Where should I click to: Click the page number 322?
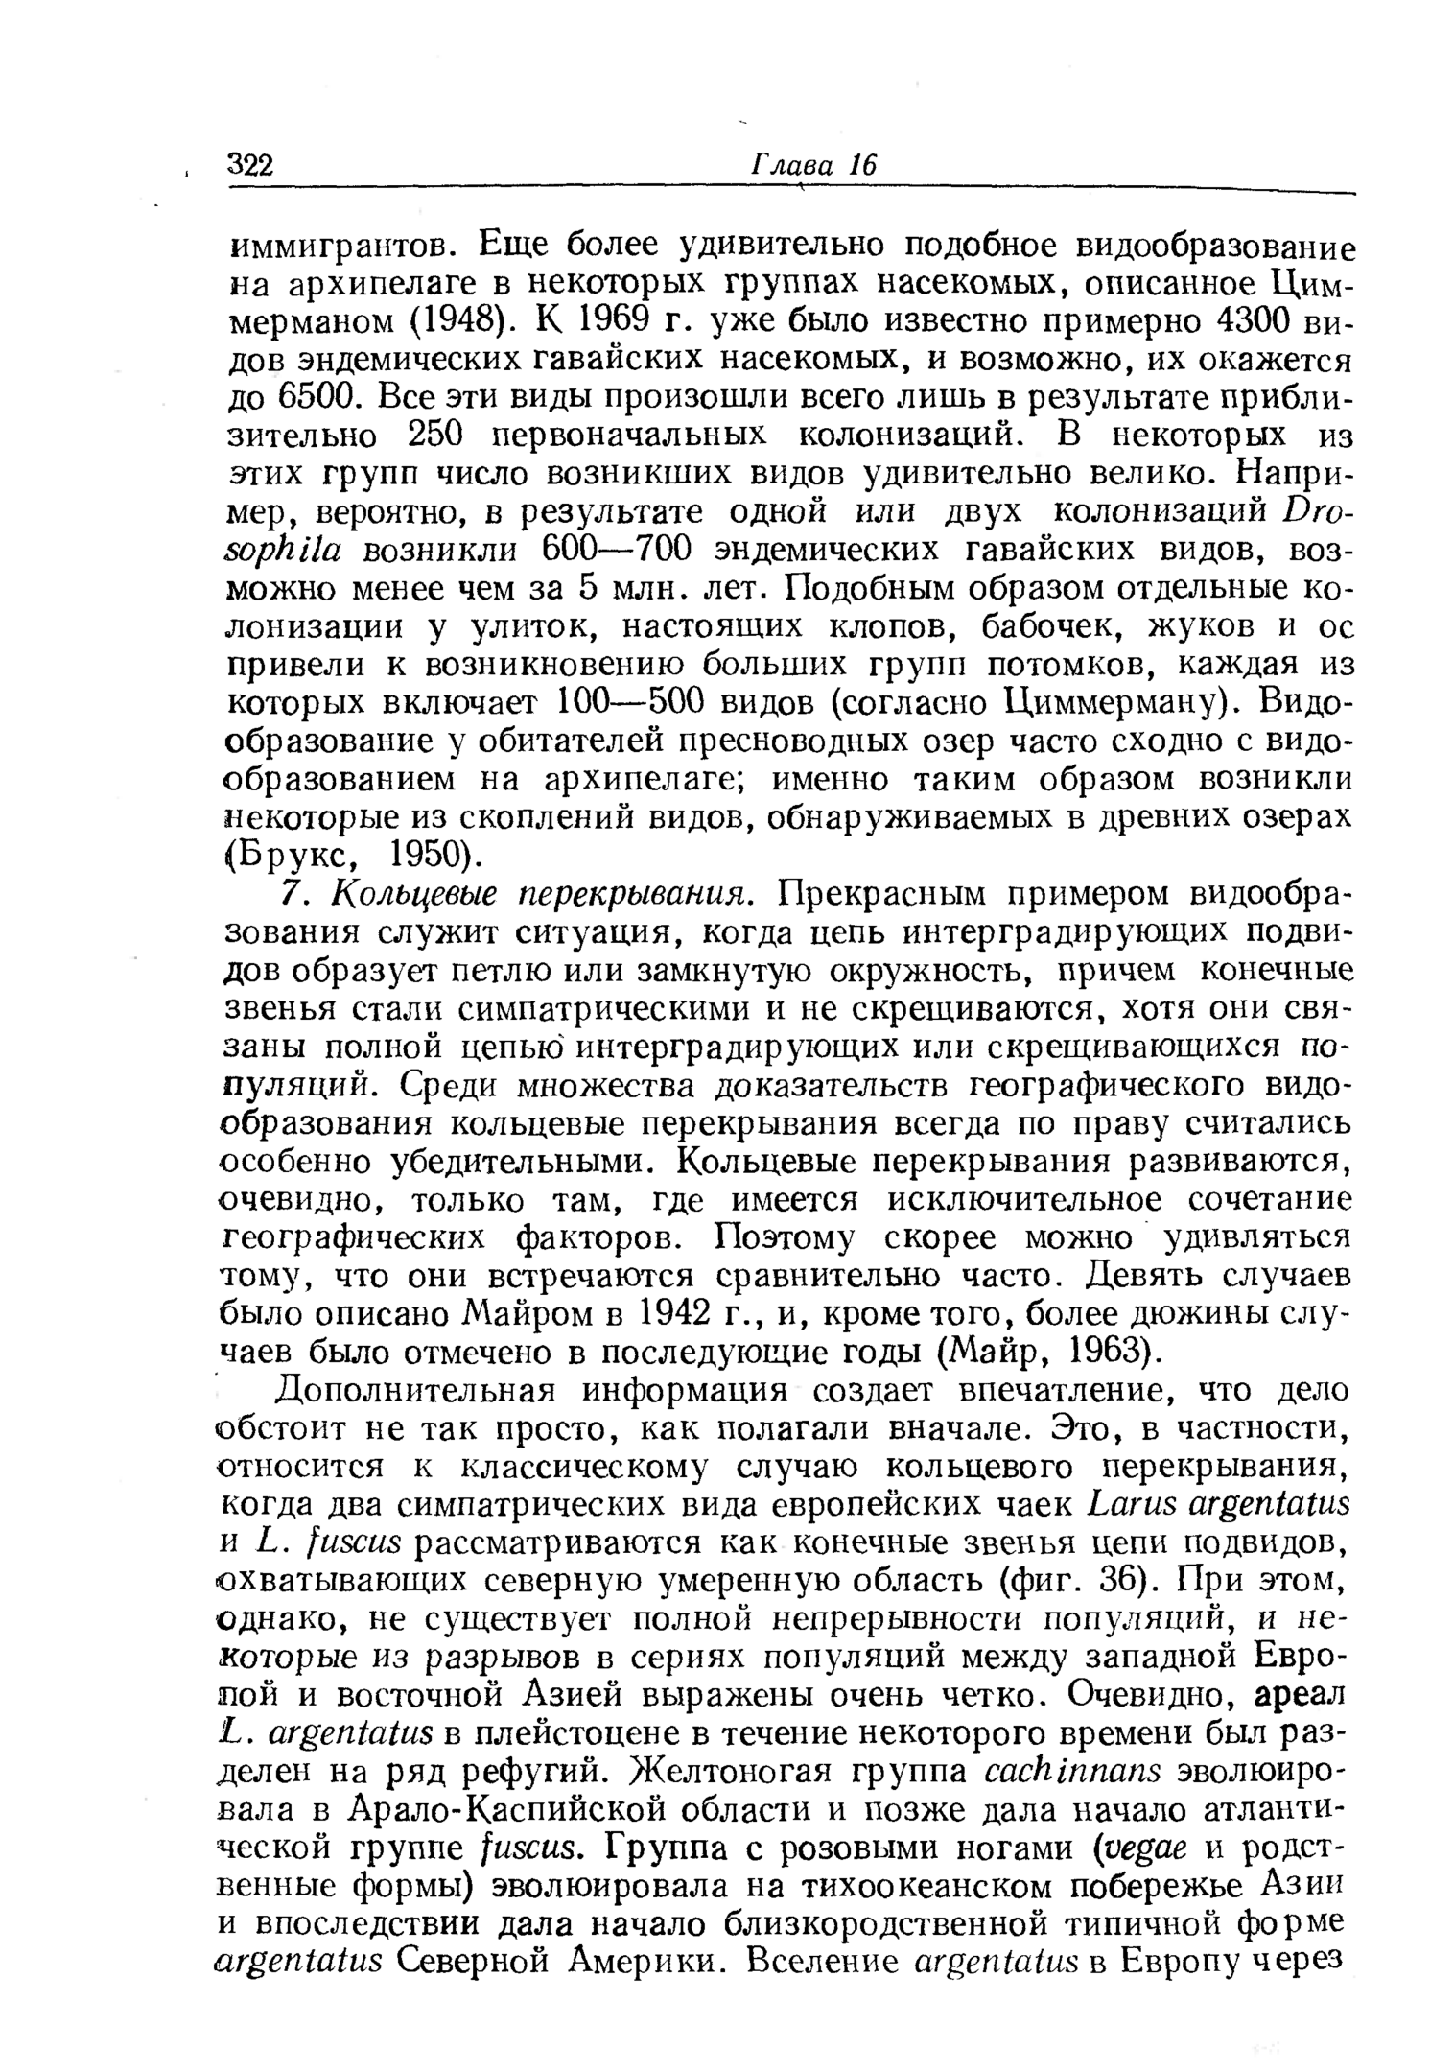(250, 165)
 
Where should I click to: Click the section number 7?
(291, 894)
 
